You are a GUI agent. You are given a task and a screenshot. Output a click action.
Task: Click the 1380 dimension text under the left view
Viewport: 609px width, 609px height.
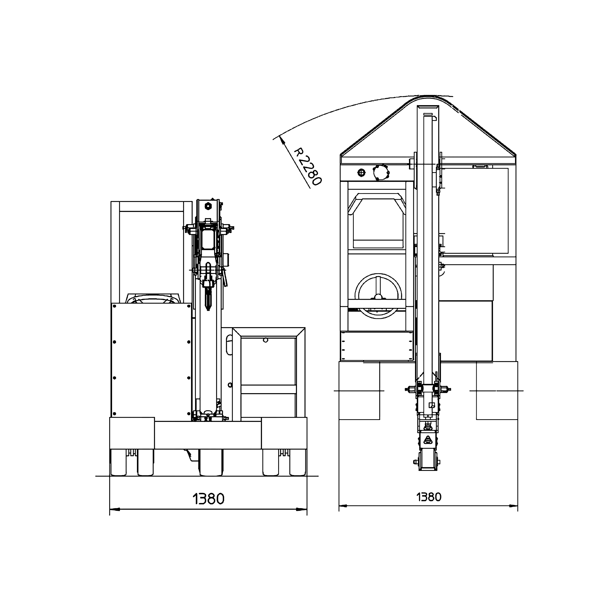click(208, 499)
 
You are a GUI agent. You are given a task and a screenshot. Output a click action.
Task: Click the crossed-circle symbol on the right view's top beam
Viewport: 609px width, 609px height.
click(362, 172)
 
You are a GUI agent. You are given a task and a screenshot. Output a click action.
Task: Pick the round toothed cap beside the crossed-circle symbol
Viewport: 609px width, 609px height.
click(381, 172)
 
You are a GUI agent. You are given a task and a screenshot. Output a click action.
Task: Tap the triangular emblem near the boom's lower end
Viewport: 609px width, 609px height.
click(428, 439)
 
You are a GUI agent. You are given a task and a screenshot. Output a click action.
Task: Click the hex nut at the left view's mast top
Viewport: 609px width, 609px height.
click(208, 206)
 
